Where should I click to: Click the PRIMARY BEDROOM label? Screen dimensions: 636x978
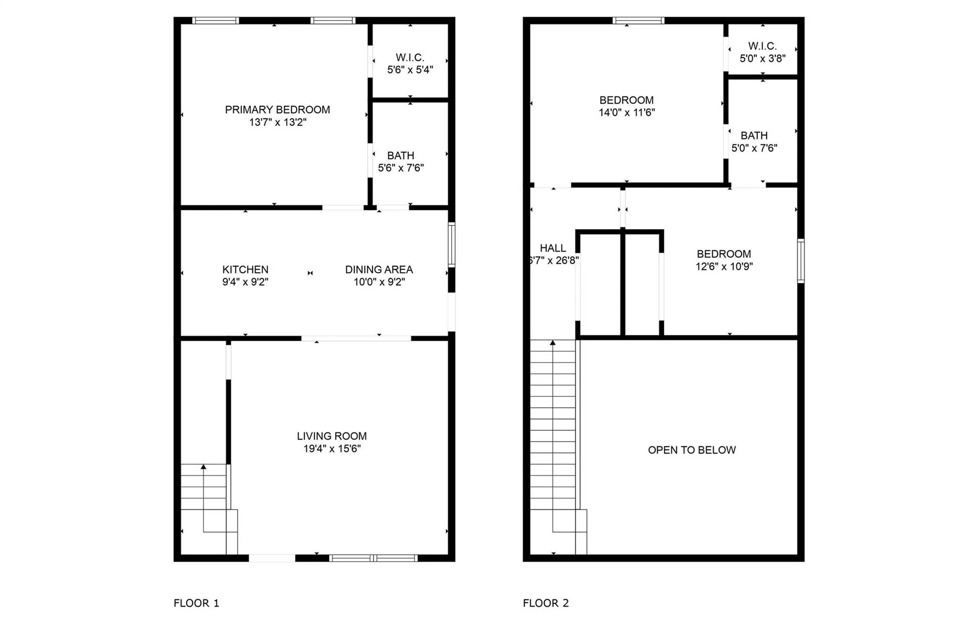277,110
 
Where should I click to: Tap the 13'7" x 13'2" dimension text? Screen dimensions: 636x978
277,122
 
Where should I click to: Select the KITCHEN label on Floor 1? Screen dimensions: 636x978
245,270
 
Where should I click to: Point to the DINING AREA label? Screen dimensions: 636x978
379,270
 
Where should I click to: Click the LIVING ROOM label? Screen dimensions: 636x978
332,436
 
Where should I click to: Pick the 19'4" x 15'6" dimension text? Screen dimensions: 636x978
332,448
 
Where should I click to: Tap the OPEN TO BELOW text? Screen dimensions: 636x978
691,450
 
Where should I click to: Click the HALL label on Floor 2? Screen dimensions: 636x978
553,248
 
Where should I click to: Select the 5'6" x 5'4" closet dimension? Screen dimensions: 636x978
410,70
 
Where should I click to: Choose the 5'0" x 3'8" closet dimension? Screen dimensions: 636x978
763,58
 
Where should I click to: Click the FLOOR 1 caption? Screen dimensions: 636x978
196,603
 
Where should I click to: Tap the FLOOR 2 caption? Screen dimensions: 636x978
546,603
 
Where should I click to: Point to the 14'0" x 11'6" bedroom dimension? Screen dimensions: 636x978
627,113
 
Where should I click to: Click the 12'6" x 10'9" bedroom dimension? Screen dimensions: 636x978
724,266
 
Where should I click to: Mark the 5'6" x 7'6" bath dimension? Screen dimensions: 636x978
401,168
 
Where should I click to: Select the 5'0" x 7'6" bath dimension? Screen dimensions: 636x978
754,148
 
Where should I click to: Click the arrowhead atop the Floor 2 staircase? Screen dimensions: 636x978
553,343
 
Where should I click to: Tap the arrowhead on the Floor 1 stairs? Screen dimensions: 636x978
203,467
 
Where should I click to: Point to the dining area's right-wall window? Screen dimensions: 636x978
451,245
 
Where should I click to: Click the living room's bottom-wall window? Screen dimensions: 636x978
373,558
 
